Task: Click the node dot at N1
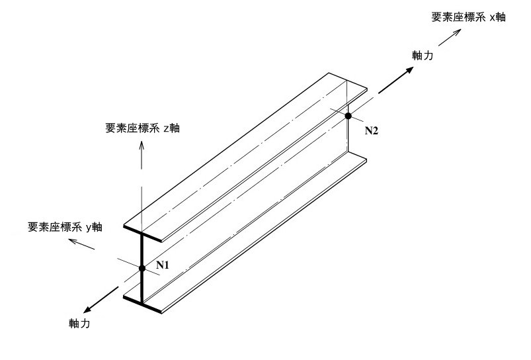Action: click(x=142, y=268)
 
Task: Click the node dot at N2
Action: click(x=348, y=116)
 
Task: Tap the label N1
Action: click(x=163, y=265)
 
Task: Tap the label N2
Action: click(x=372, y=130)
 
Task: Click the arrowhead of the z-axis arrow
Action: click(x=142, y=144)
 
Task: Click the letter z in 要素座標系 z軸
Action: click(x=167, y=128)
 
